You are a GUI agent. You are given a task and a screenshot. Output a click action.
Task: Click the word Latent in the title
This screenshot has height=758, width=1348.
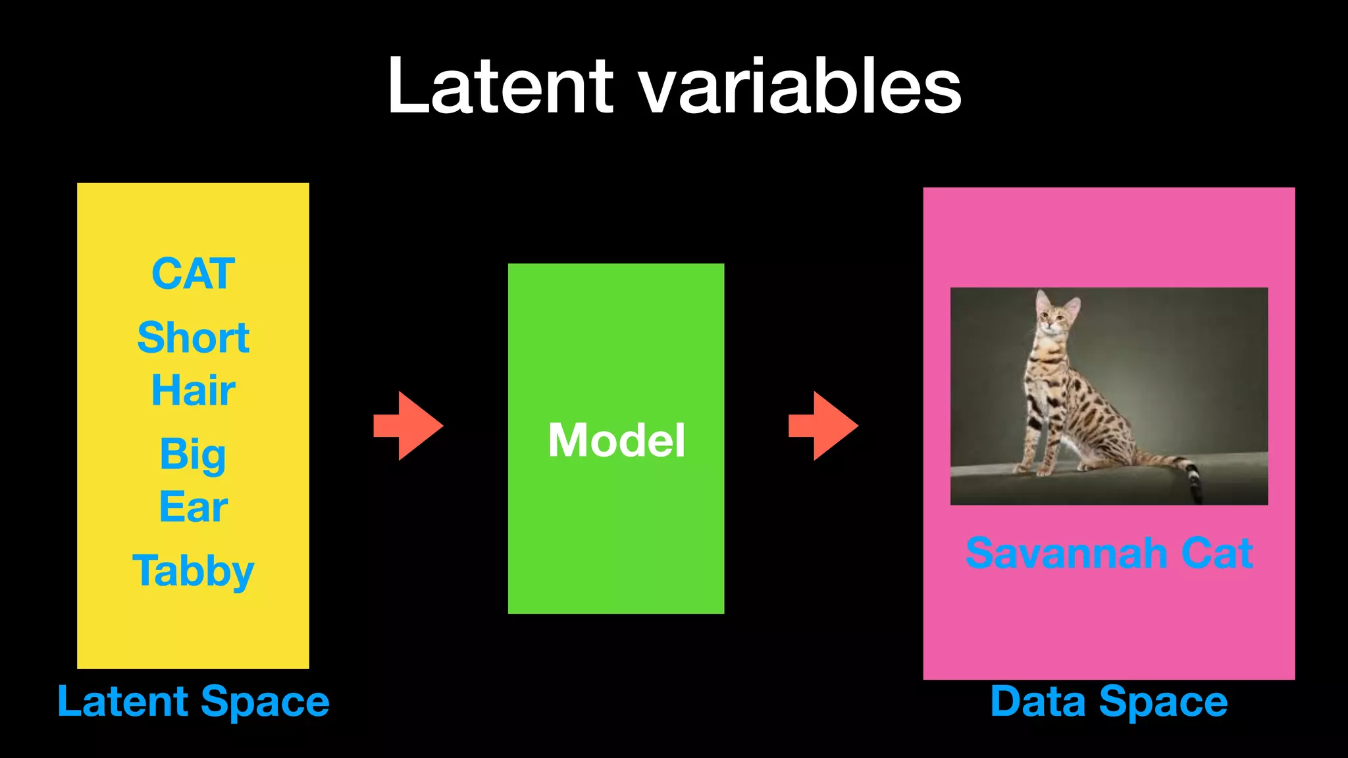(x=500, y=87)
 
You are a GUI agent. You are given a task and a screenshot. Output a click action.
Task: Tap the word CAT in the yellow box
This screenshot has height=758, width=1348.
(x=193, y=274)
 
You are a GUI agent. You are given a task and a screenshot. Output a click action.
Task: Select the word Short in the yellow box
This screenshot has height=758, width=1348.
(x=193, y=338)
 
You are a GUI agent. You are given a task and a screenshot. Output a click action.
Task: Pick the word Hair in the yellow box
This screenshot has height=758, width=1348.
(x=193, y=390)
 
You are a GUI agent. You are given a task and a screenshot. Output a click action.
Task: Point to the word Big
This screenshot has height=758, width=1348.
(x=193, y=455)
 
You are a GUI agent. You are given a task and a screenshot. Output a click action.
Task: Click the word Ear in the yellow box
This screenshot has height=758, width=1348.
(x=193, y=507)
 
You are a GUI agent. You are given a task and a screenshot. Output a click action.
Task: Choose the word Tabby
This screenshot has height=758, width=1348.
(x=193, y=570)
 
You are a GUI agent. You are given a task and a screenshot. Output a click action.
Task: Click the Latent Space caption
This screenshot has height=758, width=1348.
(x=193, y=701)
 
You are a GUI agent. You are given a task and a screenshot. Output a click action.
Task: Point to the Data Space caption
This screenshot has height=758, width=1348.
(x=1108, y=701)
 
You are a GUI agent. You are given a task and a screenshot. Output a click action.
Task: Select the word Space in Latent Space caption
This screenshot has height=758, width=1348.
(x=265, y=701)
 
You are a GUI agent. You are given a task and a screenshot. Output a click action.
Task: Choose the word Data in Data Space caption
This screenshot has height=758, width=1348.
(x=1037, y=701)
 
